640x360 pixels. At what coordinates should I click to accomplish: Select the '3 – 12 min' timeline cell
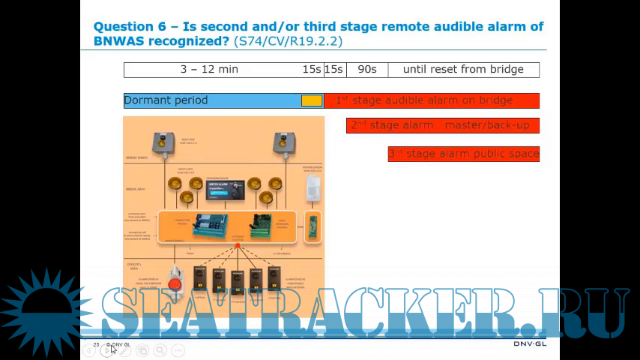(209, 70)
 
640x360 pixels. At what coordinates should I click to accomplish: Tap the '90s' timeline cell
(367, 70)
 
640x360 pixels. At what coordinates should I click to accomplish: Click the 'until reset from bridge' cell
(463, 70)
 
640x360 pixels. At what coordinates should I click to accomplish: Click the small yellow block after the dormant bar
(312, 100)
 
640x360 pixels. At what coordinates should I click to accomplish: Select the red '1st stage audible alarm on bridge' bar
(431, 100)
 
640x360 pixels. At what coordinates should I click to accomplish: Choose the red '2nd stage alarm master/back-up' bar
(443, 125)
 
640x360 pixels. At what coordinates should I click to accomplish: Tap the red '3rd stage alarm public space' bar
(463, 154)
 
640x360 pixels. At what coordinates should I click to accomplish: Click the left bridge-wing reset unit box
(160, 142)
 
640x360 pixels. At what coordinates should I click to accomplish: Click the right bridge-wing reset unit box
(282, 142)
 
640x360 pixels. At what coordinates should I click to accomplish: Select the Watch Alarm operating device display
(226, 190)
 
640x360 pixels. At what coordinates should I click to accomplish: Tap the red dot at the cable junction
(238, 245)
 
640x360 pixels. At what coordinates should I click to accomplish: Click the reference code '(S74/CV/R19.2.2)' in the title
(288, 41)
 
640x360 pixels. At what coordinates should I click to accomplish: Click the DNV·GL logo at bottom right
(531, 344)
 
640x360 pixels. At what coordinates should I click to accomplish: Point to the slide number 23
(97, 344)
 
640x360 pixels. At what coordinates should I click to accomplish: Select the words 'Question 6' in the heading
(129, 26)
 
